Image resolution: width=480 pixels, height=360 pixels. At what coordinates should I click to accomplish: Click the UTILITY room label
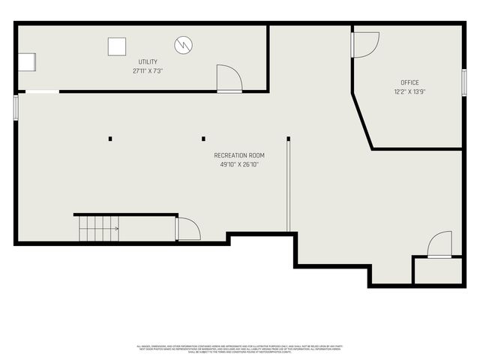coord(148,61)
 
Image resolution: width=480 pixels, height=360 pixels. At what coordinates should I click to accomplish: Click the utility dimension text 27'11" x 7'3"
coord(148,70)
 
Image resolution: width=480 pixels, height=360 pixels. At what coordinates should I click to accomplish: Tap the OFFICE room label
coord(409,82)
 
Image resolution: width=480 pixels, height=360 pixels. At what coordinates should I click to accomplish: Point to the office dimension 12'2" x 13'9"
coord(409,91)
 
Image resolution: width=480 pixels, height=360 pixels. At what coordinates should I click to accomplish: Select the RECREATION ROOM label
coord(239,155)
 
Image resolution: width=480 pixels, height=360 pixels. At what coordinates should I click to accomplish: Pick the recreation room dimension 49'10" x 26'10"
coord(239,164)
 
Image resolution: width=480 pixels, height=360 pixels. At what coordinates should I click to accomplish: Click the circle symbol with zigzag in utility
coord(184,46)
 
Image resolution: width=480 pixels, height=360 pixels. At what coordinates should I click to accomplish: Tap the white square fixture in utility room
coord(116,46)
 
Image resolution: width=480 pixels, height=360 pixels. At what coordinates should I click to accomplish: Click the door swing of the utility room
coord(228,79)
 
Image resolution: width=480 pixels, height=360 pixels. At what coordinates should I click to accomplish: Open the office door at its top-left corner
coord(365,43)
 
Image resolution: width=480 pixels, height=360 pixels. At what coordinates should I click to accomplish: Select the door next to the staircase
coord(187,229)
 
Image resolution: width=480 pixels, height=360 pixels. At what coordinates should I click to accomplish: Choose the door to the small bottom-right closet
coord(439,245)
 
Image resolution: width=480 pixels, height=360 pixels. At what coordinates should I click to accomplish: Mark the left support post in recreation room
coord(110,139)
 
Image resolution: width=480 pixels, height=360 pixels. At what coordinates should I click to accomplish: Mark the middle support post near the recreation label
coord(203,139)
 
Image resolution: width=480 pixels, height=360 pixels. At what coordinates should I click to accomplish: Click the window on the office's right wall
coord(464,82)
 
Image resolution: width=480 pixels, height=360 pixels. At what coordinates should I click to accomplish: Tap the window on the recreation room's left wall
coord(16,106)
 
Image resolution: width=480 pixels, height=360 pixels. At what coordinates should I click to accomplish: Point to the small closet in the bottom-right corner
coord(438,271)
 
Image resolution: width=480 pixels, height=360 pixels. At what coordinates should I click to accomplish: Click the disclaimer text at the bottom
coord(239,349)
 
